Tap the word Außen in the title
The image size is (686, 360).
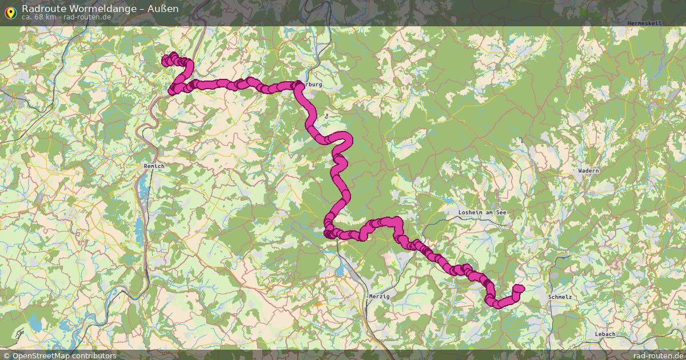tap(165, 8)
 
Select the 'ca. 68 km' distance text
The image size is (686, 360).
tap(39, 17)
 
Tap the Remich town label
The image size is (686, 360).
tap(154, 166)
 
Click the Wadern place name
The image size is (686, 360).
tap(588, 171)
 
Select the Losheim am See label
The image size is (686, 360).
tap(482, 213)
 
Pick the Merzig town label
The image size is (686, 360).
tap(379, 297)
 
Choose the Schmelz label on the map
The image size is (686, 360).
tap(559, 298)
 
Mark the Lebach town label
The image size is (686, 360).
tap(605, 334)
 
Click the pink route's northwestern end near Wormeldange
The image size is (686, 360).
tap(166, 59)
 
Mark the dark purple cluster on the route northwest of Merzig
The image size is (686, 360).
tap(330, 233)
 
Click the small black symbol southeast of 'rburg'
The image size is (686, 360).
tap(326, 116)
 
